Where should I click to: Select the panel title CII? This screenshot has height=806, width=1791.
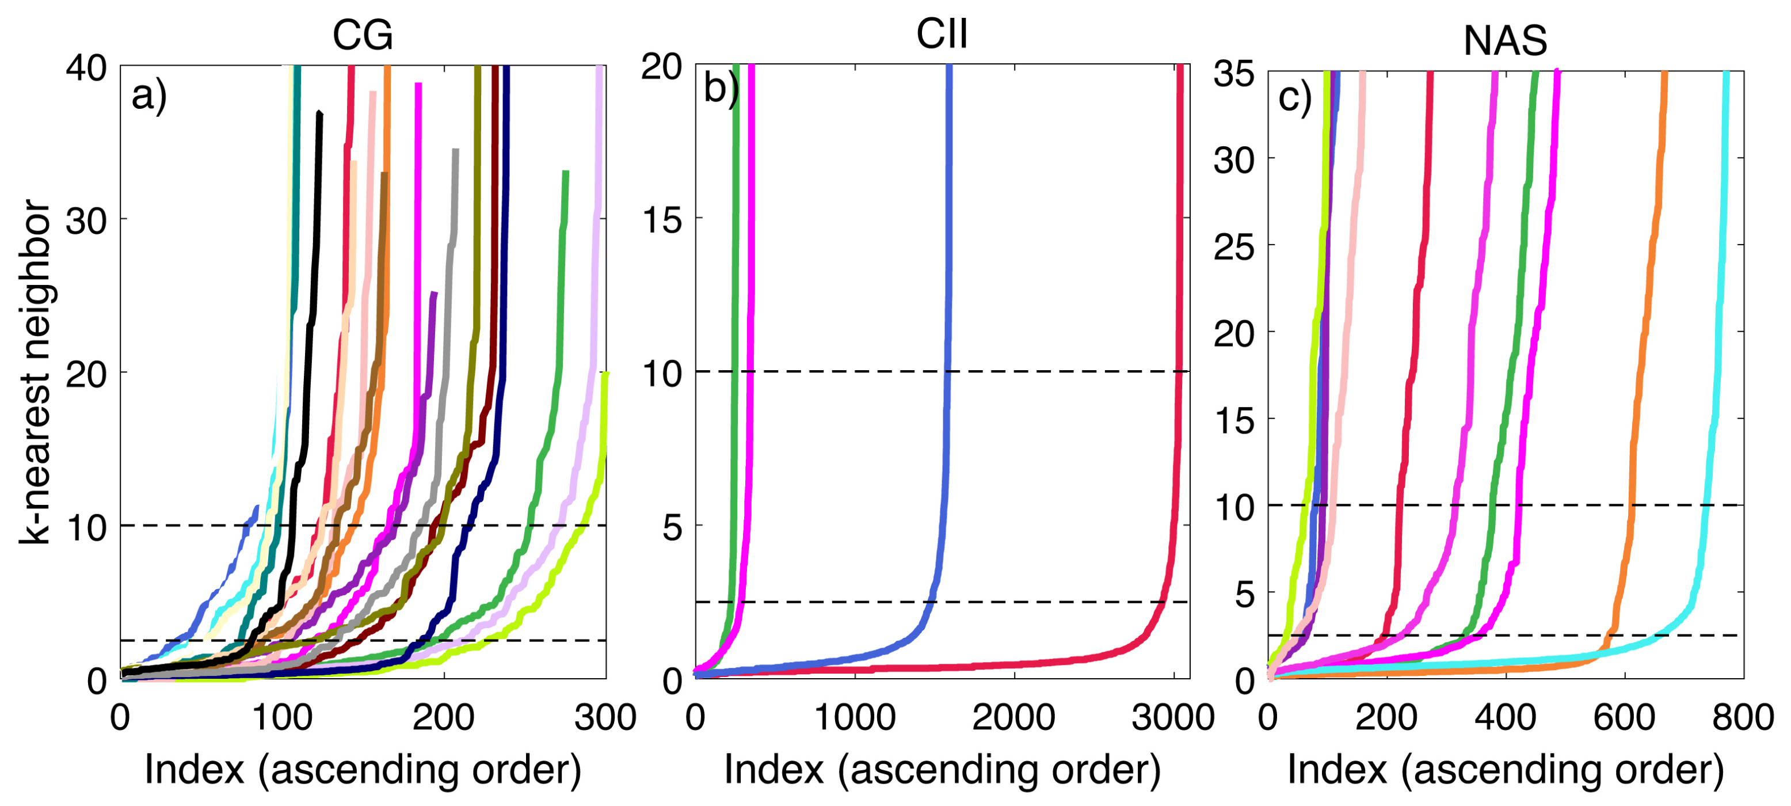[942, 33]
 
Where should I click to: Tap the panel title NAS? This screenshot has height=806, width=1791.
[1504, 40]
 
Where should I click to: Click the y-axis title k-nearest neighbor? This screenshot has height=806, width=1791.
[35, 372]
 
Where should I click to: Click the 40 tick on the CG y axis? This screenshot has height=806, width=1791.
[86, 68]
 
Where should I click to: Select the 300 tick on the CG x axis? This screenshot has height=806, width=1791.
[605, 717]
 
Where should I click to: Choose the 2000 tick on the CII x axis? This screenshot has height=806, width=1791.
[1013, 717]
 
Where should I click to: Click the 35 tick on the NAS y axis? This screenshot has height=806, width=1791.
[1234, 73]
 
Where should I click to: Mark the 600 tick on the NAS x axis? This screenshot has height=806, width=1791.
[1624, 717]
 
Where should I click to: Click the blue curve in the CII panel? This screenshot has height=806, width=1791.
[947, 278]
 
